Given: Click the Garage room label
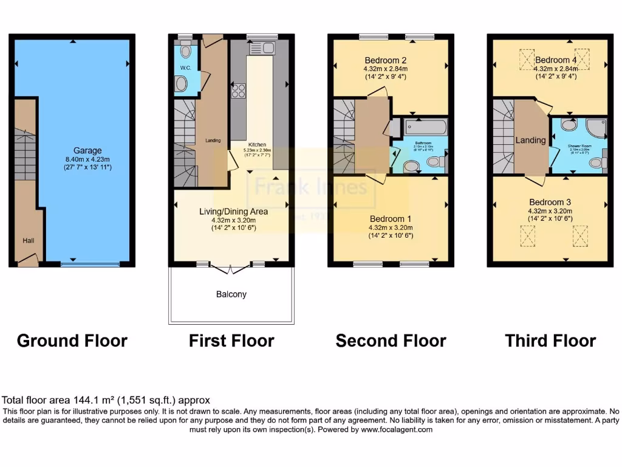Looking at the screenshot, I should (88, 150).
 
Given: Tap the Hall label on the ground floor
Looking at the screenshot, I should (29, 241).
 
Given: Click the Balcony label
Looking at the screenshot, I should (231, 294).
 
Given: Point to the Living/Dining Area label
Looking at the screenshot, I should (234, 212).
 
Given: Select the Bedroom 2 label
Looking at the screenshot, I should (385, 60).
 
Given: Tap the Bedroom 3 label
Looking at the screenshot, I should (550, 202).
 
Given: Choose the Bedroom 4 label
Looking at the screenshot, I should (556, 60).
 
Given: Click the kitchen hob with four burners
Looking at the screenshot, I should (238, 91).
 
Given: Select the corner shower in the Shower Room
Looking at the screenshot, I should (593, 128).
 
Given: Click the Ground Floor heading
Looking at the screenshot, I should (72, 341).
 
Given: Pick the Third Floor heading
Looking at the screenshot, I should (550, 341).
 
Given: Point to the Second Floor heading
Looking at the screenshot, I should (391, 341).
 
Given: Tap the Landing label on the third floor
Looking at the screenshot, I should (530, 140).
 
